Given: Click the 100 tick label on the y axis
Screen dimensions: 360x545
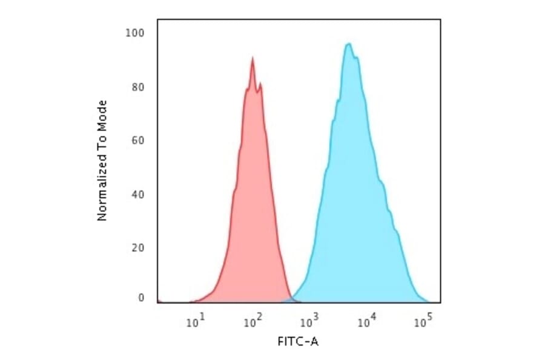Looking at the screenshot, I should (x=134, y=33).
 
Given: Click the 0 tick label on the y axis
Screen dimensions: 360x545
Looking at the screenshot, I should (x=140, y=298).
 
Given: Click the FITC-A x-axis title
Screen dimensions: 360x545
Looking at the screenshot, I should (x=297, y=342).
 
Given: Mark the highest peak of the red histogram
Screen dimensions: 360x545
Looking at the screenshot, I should (x=252, y=58).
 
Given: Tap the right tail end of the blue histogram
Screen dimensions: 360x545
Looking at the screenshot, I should (x=427, y=301).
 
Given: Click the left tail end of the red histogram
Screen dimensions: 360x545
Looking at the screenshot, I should (x=190, y=301).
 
